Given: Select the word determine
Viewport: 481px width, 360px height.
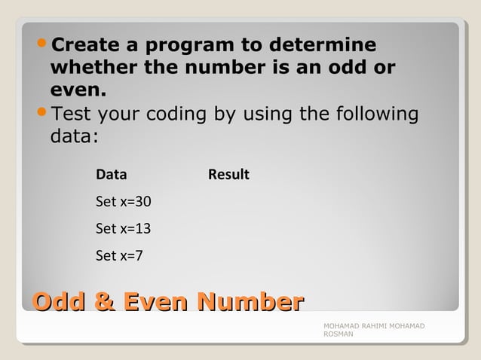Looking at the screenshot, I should pos(326,44).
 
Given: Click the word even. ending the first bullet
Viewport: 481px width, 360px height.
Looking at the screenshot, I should pos(78,91).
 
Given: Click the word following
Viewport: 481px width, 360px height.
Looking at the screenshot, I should pos(373,114).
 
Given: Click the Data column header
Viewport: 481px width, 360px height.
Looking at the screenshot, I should pos(112,175).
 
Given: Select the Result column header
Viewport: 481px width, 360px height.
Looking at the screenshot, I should pos(228,175).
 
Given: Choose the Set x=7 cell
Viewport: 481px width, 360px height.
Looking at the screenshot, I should pos(120,255).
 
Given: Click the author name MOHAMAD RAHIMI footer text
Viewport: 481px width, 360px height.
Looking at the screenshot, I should pos(373,325).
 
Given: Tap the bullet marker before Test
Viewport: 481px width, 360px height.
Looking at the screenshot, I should pos(42,114).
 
